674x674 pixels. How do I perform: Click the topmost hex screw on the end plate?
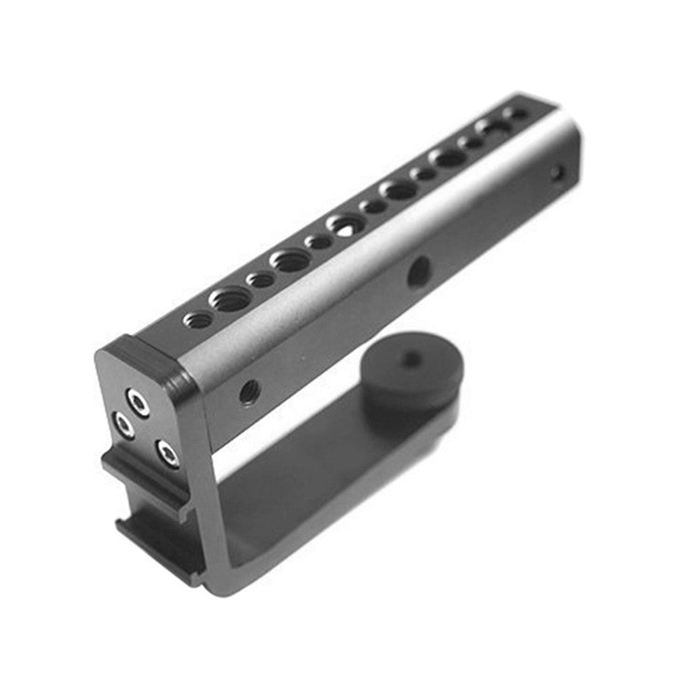pyautogui.click(x=139, y=404)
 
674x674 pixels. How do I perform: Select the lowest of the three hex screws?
pyautogui.click(x=166, y=454)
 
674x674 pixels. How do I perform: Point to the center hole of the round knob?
pyautogui.click(x=410, y=359)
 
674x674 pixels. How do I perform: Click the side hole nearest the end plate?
pyautogui.click(x=249, y=392)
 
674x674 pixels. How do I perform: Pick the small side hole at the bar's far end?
pyautogui.click(x=555, y=173)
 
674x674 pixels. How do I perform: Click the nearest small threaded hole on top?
pyautogui.click(x=198, y=320)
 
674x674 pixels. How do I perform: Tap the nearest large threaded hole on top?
pyautogui.click(x=231, y=299)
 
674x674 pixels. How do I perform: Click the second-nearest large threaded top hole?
pyautogui.click(x=290, y=260)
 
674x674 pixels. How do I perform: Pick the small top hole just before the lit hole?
pyautogui.click(x=317, y=241)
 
